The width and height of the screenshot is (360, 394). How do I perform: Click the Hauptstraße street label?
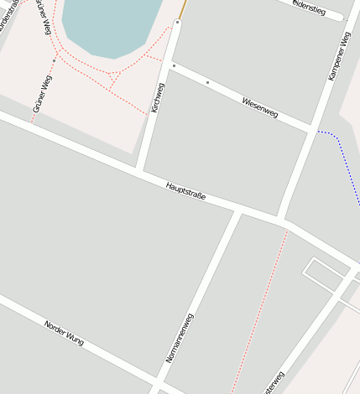coord(185,190)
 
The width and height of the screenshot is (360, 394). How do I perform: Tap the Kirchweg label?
coord(157,97)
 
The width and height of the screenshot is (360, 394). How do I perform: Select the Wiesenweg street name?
coord(259,106)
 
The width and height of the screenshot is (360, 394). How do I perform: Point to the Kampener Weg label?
coord(339,57)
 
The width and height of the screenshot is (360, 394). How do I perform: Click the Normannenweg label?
coord(179,336)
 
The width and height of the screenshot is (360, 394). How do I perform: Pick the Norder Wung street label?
coord(64,333)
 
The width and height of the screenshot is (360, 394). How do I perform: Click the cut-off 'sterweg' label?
coord(273,383)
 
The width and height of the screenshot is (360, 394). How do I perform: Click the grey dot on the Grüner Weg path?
coord(54,61)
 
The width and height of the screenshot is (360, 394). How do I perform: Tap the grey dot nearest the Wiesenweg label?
coord(207,82)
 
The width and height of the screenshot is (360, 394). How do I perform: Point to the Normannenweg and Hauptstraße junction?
coord(238,210)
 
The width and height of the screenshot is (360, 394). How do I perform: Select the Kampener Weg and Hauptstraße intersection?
coord(282,220)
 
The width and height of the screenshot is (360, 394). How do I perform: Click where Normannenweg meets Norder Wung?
coord(155,387)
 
